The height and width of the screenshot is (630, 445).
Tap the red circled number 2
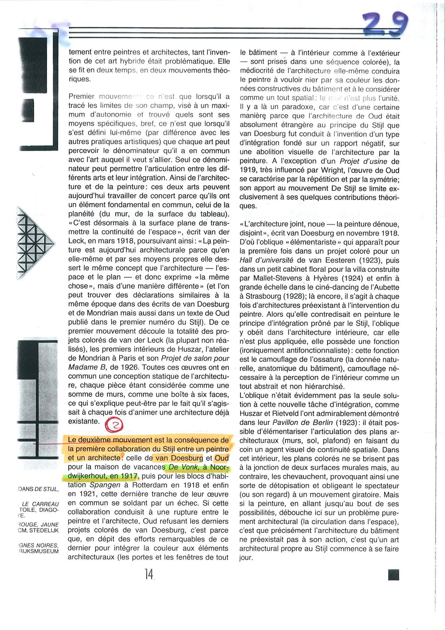(x=114, y=425)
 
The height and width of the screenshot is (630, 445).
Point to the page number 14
(x=149, y=574)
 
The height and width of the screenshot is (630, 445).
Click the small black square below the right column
(x=394, y=575)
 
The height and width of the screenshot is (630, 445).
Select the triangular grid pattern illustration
(x=34, y=243)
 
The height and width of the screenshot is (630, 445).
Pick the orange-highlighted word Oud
(x=222, y=458)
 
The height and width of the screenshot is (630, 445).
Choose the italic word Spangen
(x=105, y=485)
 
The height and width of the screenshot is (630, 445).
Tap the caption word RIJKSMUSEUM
(x=39, y=551)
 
